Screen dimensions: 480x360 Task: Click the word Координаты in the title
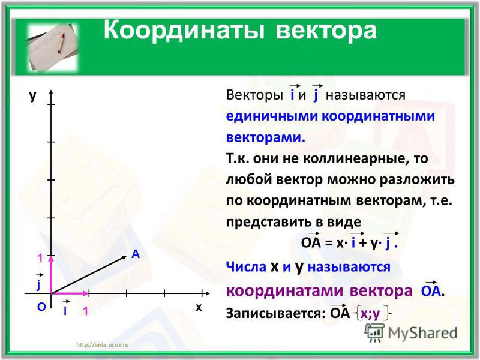click(x=184, y=31)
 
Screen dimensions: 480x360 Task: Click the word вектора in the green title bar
click(x=326, y=31)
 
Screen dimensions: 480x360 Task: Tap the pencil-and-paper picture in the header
click(x=53, y=47)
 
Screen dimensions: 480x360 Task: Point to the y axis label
click(x=32, y=95)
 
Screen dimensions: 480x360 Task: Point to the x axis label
click(x=199, y=307)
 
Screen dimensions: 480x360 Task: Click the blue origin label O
click(x=41, y=307)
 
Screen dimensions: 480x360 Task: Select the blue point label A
click(x=136, y=254)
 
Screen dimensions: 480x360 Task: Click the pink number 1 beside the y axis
click(x=40, y=258)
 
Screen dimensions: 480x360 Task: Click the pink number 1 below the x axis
click(x=85, y=311)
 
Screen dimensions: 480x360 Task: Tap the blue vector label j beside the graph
click(x=38, y=282)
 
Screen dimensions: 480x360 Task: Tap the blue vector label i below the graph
click(x=65, y=308)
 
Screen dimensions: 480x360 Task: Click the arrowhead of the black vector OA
click(x=124, y=257)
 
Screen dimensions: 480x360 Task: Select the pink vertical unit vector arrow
click(x=51, y=275)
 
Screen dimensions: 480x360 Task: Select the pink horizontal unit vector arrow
click(x=70, y=293)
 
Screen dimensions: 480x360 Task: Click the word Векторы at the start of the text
click(x=254, y=95)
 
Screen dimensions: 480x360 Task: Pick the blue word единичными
click(x=271, y=116)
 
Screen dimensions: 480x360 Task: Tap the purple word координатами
click(x=286, y=291)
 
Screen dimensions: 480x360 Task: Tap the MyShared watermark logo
click(x=411, y=332)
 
